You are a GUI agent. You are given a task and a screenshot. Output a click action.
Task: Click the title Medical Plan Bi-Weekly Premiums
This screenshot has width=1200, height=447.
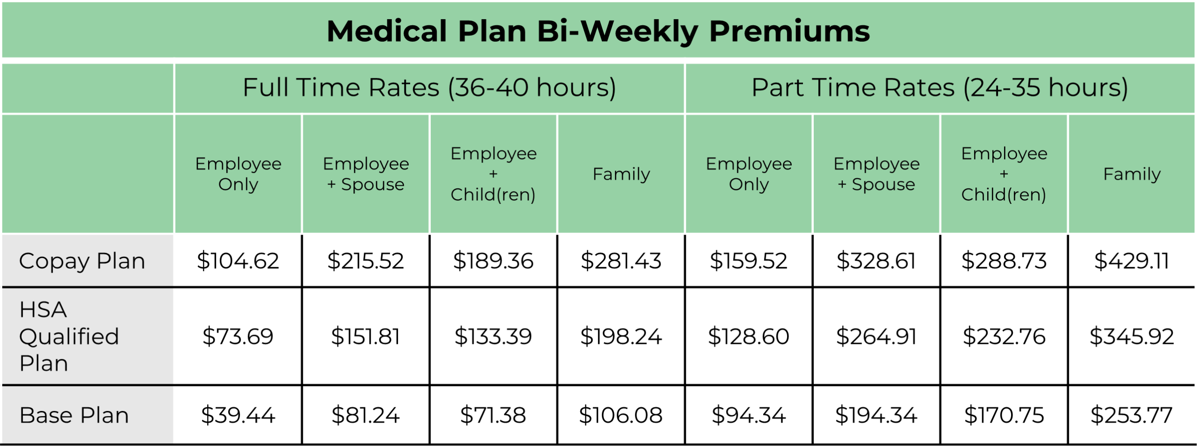coord(598,31)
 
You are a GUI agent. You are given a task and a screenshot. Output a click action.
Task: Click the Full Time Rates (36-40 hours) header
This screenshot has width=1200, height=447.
coord(429,88)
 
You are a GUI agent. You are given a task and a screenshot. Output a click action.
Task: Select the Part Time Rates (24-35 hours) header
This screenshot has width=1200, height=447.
coord(939,88)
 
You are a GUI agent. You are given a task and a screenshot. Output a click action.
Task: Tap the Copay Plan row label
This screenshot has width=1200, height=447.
coord(82,261)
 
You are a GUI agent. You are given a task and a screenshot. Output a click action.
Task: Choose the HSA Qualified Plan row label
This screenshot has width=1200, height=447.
coord(69,336)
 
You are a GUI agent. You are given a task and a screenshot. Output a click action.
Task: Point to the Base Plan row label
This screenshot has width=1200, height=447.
coord(74,415)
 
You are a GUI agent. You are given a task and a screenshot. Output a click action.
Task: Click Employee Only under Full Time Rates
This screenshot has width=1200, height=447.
coord(238,174)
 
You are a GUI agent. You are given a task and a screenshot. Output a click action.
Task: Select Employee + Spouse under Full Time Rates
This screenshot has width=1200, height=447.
coord(366,174)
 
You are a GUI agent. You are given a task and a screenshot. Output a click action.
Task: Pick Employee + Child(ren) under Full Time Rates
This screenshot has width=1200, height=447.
coord(493,174)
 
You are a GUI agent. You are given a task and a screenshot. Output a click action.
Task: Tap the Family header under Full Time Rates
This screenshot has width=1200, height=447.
coord(621,174)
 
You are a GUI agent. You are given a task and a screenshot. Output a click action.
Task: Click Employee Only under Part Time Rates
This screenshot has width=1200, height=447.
coord(749,174)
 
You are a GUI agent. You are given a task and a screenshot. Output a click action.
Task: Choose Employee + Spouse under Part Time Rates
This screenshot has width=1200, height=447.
coord(876,174)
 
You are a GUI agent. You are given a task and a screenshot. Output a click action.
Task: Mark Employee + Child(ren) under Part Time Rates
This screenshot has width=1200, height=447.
coord(1004,174)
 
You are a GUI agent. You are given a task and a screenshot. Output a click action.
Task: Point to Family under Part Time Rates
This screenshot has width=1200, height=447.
coord(1132,174)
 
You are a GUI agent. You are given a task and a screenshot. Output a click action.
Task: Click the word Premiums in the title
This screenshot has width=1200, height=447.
coord(789,31)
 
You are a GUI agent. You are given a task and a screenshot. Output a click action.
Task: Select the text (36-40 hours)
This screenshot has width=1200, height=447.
coord(532,88)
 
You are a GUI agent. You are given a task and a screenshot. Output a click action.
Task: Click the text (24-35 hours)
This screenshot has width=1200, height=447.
coord(1045,88)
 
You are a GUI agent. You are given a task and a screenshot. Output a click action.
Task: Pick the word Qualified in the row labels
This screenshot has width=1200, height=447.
coord(69,336)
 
